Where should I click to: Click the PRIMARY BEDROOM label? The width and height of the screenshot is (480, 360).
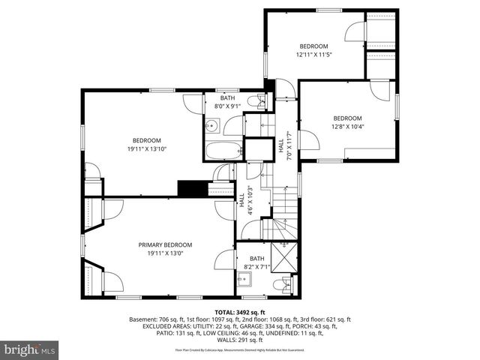coord(165,244)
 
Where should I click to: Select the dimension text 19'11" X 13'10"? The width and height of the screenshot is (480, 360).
coord(147,149)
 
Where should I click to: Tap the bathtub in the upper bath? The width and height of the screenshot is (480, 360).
coord(223,150)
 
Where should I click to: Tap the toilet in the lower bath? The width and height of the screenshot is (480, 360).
coord(280,285)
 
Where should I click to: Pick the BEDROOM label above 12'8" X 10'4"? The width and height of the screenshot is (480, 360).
coord(347,118)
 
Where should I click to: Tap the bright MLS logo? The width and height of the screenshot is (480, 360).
coord(30,350)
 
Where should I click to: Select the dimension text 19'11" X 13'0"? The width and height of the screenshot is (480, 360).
coord(165,253)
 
